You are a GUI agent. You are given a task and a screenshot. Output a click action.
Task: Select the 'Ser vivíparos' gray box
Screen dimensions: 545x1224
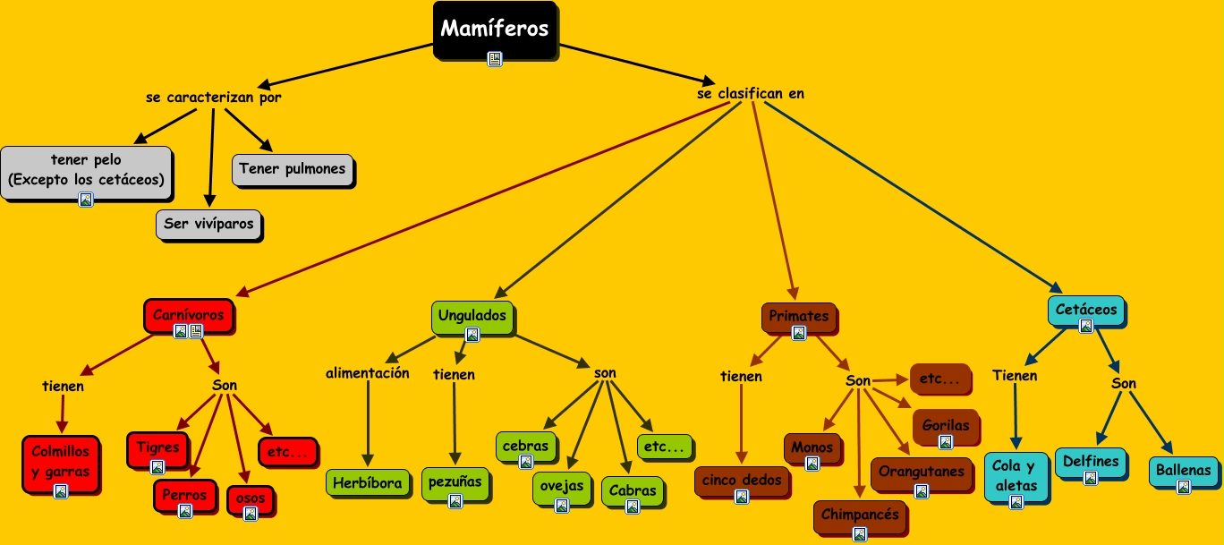point(208,224)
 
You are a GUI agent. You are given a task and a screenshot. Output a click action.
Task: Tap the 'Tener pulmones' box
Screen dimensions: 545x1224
point(292,169)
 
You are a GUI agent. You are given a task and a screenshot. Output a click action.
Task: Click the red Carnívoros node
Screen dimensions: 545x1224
point(188,315)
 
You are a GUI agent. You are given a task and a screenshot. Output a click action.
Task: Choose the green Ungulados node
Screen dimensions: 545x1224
point(472,316)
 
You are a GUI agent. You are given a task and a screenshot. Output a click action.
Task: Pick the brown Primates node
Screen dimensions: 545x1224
point(798,316)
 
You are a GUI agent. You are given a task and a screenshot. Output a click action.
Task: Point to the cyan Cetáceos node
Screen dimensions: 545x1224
point(1085,311)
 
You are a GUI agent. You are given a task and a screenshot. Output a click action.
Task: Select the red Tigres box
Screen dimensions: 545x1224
point(157,447)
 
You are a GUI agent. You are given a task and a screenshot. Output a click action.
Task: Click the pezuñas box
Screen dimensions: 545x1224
point(455,481)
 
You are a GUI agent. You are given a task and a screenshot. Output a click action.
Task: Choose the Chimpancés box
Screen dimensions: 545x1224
point(859,515)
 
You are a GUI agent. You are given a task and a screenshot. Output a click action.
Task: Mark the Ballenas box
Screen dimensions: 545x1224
point(1183,470)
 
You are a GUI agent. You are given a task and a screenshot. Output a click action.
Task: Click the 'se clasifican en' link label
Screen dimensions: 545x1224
point(750,93)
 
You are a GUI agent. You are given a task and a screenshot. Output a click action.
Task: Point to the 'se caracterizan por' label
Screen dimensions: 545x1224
point(213,98)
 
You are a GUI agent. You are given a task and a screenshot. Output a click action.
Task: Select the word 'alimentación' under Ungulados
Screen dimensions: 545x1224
point(367,373)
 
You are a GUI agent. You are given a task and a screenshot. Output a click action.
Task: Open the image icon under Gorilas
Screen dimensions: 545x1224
point(945,441)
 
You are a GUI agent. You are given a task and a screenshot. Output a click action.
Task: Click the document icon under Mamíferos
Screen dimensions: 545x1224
point(494,59)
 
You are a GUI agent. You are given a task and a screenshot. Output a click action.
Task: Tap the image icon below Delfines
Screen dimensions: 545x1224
point(1090,478)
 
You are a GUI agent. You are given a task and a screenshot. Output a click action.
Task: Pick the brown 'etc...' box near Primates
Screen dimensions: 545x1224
point(939,379)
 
